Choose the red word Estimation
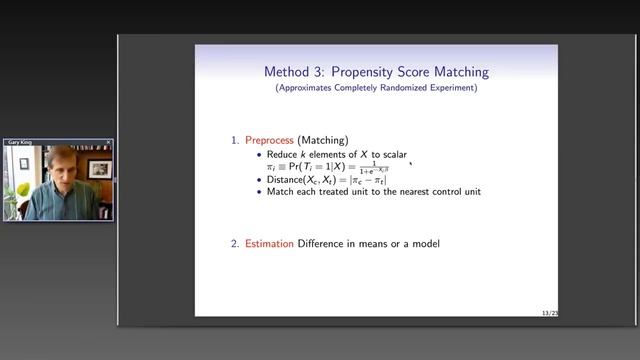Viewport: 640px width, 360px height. coord(271,244)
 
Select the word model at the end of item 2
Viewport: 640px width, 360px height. coord(422,244)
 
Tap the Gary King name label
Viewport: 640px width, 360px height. coord(21,143)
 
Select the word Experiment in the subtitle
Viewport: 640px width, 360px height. coord(449,88)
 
